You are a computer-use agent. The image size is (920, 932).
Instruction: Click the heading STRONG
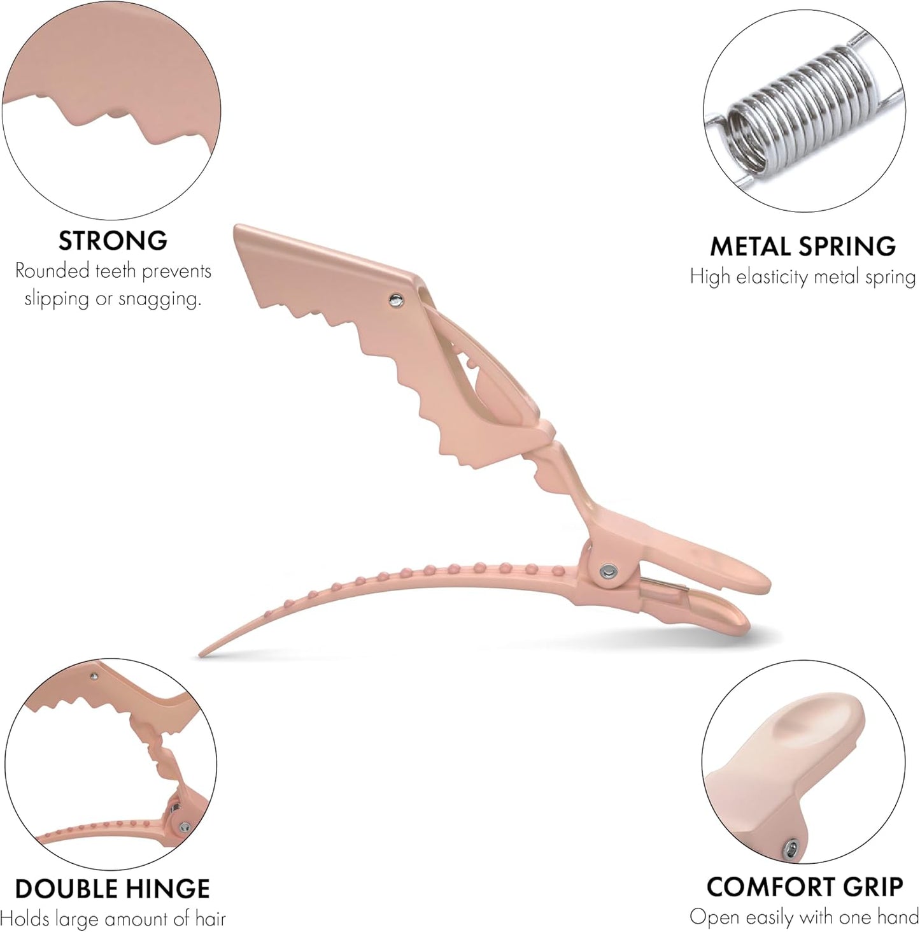(113, 241)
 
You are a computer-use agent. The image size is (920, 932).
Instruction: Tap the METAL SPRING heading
(803, 247)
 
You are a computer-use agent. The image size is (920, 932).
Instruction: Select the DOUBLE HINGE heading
(112, 889)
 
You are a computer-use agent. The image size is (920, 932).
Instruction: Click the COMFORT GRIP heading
(805, 887)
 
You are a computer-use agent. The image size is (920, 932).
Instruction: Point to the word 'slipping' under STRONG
(56, 299)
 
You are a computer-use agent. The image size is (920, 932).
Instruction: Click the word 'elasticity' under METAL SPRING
(772, 277)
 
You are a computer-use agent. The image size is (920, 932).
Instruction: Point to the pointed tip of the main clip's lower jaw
(202, 653)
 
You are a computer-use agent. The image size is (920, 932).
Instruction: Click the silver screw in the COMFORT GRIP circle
(791, 847)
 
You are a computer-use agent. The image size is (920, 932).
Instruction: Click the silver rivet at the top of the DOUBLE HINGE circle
(94, 675)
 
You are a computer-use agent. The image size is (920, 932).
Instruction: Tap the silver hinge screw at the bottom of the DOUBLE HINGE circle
(184, 827)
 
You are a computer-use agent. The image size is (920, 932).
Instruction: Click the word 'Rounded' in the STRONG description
(52, 271)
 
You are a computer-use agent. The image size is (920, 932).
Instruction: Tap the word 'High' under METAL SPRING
(710, 277)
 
